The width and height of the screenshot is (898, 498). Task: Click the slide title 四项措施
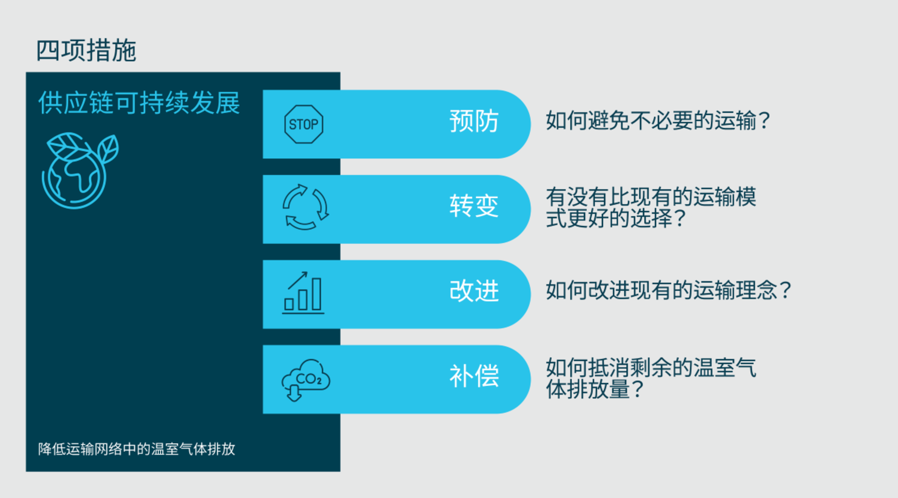pyautogui.click(x=86, y=51)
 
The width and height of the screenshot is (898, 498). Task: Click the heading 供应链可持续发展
pyautogui.click(x=139, y=103)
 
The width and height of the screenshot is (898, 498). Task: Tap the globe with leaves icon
pyautogui.click(x=80, y=171)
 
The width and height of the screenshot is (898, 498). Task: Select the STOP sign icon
pyautogui.click(x=304, y=124)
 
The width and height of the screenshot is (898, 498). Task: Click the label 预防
pyautogui.click(x=474, y=121)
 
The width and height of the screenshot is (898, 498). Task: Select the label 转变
pyautogui.click(x=474, y=206)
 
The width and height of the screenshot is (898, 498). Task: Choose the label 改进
pyautogui.click(x=474, y=291)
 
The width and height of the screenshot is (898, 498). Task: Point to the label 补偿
pyautogui.click(x=474, y=376)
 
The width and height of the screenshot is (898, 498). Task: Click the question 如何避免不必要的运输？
pyautogui.click(x=658, y=121)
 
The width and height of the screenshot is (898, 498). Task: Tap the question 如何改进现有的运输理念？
pyautogui.click(x=669, y=290)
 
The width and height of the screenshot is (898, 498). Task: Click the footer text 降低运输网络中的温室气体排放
pyautogui.click(x=137, y=449)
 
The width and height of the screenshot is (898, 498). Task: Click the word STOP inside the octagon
pyautogui.click(x=304, y=124)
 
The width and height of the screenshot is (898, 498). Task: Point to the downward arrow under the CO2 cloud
pyautogui.click(x=294, y=393)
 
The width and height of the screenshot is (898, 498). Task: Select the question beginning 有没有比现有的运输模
pyautogui.click(x=651, y=207)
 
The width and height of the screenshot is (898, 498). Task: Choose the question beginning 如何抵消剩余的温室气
pyautogui.click(x=651, y=378)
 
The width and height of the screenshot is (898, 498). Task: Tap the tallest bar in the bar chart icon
pyautogui.click(x=316, y=294)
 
